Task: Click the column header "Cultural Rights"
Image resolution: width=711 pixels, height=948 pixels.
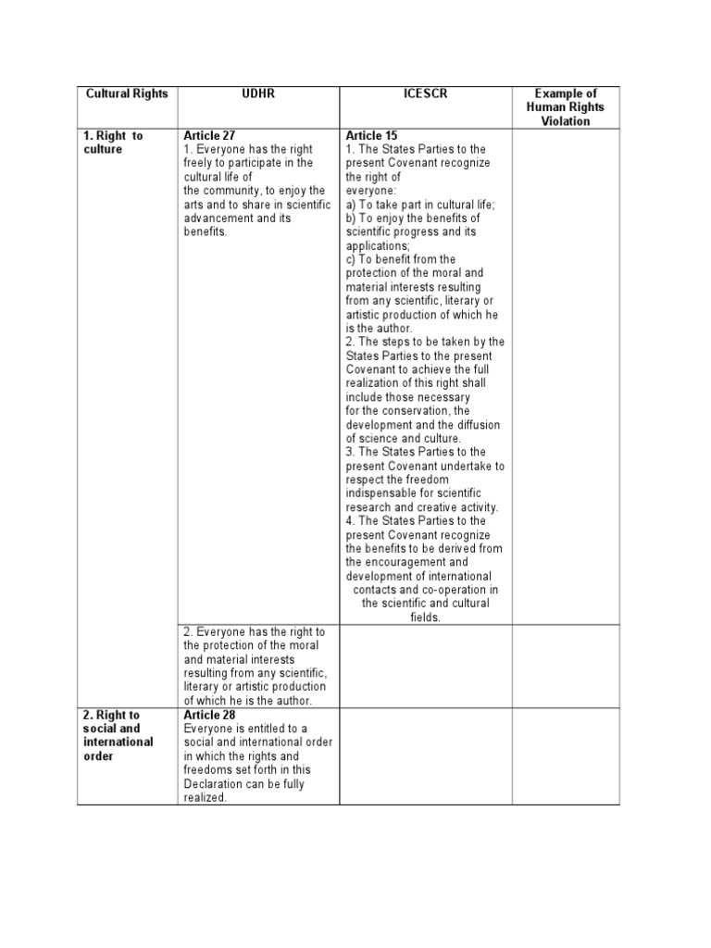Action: pyautogui.click(x=127, y=94)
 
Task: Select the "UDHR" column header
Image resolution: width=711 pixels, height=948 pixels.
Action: pyautogui.click(x=258, y=94)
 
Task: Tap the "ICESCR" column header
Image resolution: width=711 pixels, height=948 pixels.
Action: pyautogui.click(x=425, y=94)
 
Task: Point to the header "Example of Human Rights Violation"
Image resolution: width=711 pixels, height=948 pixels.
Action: pyautogui.click(x=565, y=107)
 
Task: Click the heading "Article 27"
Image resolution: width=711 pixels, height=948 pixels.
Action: pyautogui.click(x=209, y=135)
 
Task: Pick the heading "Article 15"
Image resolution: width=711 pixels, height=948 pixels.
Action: pyautogui.click(x=371, y=135)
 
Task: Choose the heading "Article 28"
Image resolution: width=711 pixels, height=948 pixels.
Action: pyautogui.click(x=209, y=715)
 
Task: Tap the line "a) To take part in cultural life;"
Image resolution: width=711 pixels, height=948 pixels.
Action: pyautogui.click(x=420, y=205)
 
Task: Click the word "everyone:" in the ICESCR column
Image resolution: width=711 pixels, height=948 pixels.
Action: pyautogui.click(x=370, y=191)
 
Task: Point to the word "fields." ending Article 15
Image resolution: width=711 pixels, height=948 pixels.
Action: pyautogui.click(x=425, y=617)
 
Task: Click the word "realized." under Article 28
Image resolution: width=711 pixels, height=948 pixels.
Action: pyautogui.click(x=205, y=797)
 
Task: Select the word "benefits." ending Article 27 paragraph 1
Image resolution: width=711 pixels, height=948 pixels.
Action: pyautogui.click(x=205, y=232)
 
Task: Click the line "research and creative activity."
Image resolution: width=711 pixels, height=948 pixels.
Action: pyautogui.click(x=422, y=507)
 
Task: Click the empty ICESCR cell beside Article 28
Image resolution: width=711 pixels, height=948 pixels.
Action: pyautogui.click(x=425, y=755)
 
